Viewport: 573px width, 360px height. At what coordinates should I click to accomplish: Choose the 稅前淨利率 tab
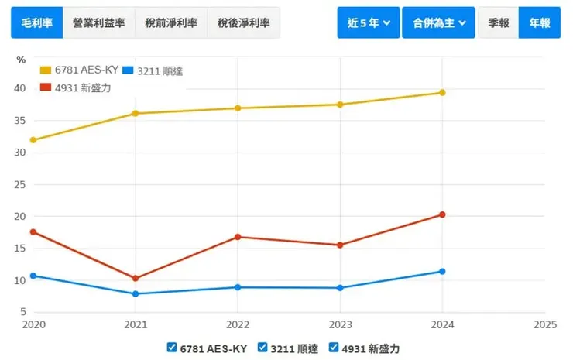point(170,23)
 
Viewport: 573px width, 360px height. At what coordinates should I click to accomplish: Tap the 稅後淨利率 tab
point(243,23)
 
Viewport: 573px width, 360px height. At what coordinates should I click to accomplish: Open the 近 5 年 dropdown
point(368,23)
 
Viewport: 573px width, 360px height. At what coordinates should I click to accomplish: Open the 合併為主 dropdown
point(438,23)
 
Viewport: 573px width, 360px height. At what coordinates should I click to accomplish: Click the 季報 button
point(499,23)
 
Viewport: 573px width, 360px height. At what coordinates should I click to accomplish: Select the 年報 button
point(540,23)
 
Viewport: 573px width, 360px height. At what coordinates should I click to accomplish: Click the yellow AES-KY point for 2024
point(442,92)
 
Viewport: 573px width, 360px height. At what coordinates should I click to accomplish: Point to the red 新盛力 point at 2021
point(136,278)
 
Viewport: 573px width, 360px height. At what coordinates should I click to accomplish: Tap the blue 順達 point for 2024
point(442,271)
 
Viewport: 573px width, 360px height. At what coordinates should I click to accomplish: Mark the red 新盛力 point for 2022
point(238,237)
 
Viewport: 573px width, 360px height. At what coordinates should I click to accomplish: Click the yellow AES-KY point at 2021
point(136,113)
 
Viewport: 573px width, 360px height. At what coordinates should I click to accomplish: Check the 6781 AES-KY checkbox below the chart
point(172,348)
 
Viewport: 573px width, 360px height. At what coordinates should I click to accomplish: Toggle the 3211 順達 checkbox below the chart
point(262,348)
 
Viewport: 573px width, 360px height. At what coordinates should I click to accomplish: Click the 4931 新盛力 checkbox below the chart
point(334,348)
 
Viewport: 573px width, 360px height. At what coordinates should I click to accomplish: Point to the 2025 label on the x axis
point(544,325)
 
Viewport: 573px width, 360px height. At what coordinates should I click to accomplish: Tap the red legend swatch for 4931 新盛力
point(46,87)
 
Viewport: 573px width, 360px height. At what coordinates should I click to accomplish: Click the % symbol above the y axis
point(21,60)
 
